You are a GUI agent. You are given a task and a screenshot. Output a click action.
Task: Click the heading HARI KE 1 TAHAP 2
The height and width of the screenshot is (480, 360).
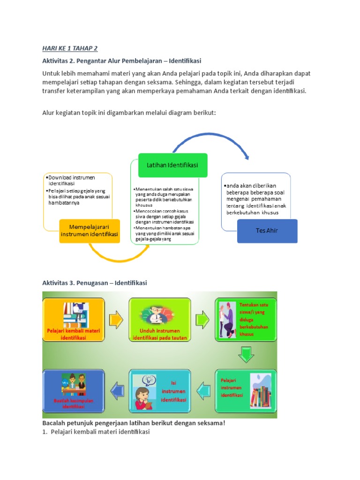pos(70,48)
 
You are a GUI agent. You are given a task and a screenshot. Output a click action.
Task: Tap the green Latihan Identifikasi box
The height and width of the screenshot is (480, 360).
pos(172,165)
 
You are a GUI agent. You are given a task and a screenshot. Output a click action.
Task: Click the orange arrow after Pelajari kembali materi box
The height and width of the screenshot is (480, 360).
pos(116,320)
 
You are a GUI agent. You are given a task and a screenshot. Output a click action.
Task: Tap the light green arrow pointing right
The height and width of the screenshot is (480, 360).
pos(203,320)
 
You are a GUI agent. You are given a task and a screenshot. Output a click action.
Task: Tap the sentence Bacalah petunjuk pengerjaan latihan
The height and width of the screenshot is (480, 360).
pos(134,423)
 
